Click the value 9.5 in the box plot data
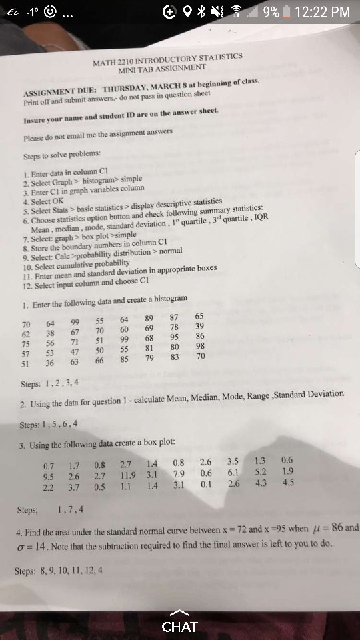click(48, 477)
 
